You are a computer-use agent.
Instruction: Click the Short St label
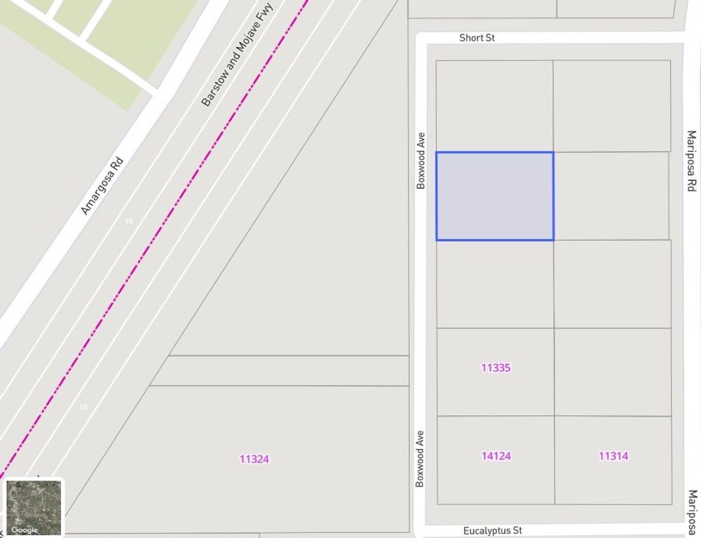477,38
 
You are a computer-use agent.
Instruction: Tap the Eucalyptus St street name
492,531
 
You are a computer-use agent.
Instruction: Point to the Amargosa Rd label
102,186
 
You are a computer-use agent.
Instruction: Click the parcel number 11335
496,368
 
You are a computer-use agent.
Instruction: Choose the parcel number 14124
496,456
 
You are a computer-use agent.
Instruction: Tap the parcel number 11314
613,456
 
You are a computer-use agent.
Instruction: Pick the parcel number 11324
254,460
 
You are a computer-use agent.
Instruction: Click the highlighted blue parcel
495,196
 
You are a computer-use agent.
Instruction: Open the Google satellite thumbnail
34,507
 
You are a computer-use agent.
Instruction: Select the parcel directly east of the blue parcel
611,196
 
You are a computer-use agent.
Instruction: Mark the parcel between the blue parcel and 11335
495,284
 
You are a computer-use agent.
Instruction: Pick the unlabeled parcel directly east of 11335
613,371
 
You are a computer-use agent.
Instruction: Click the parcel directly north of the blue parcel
494,106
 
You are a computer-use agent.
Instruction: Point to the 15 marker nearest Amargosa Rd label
128,221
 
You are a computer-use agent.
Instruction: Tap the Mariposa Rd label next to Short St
691,161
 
